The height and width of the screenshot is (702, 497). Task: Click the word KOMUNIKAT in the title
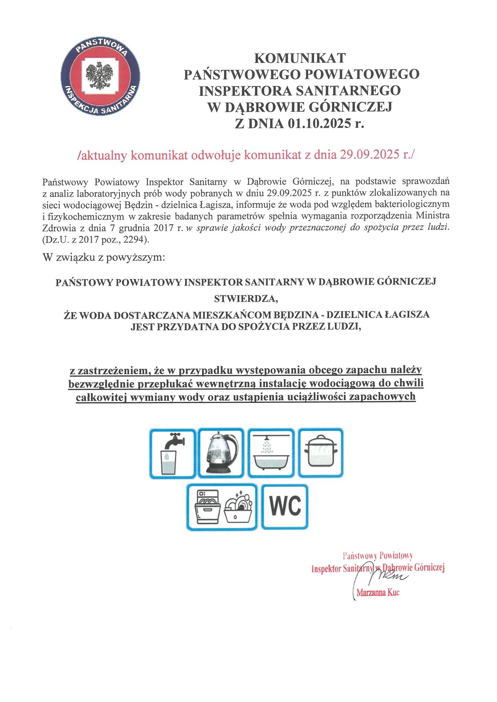[300, 58]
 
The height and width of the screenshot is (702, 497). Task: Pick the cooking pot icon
[321, 453]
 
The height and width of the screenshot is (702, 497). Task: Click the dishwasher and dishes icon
[222, 507]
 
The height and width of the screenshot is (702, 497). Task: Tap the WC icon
[285, 507]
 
